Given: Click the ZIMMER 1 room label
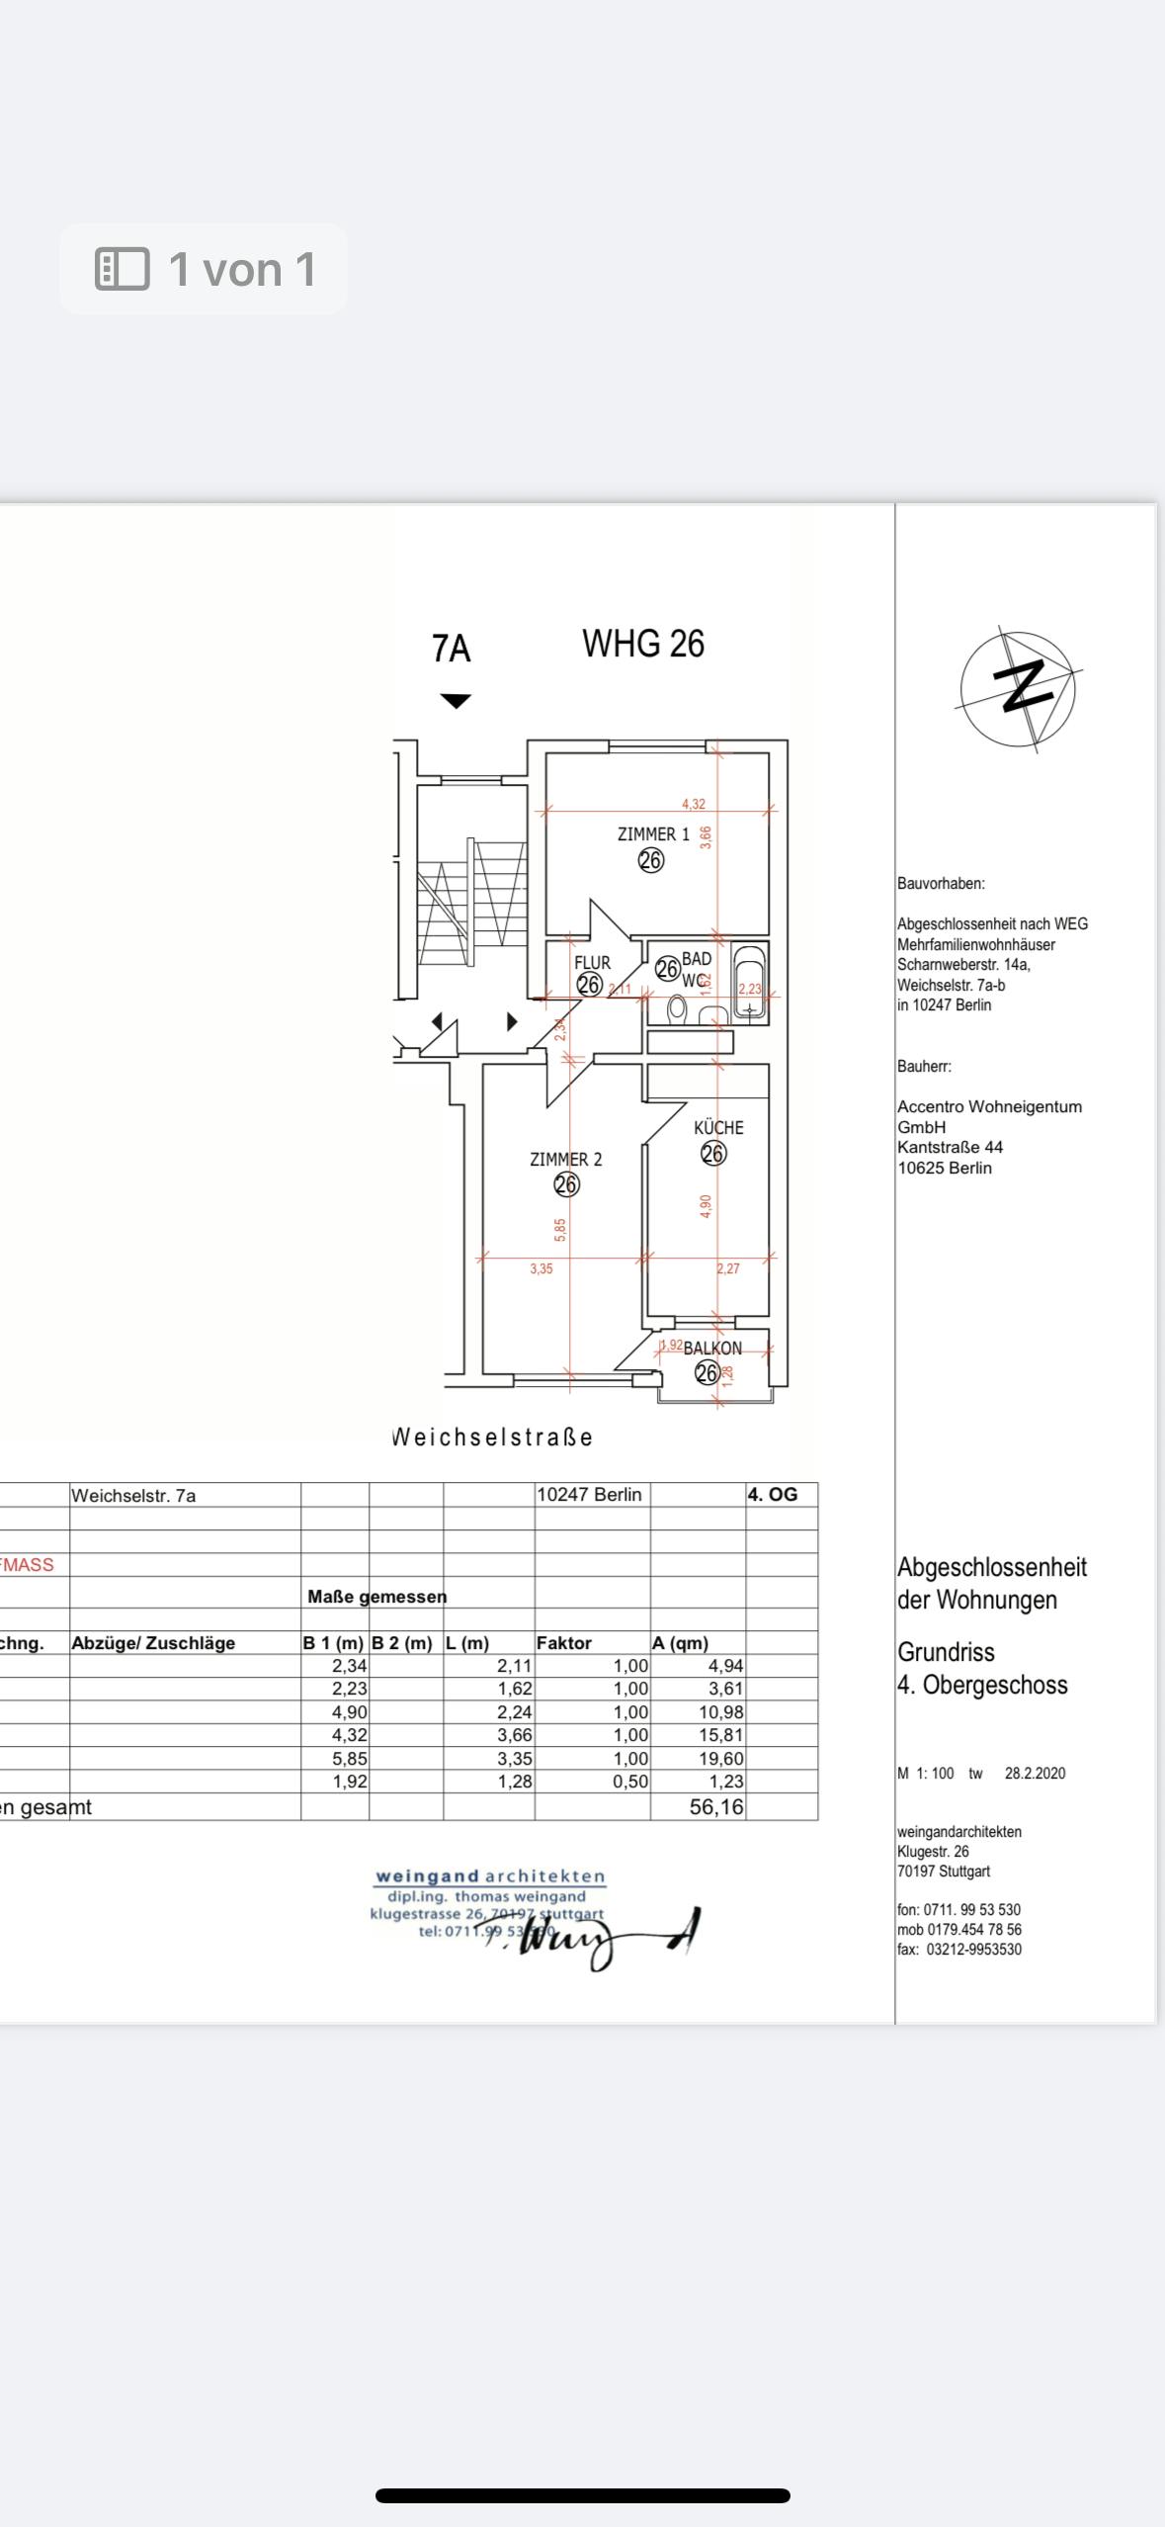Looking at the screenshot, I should pyautogui.click(x=653, y=834).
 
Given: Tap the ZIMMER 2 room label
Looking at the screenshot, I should pyautogui.click(x=565, y=1159).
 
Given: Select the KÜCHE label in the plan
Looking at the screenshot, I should pyautogui.click(x=718, y=1128).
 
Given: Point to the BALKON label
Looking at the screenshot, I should pyautogui.click(x=712, y=1348).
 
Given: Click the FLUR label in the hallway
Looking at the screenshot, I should pyautogui.click(x=592, y=962).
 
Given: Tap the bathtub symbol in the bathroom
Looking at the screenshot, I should pyautogui.click(x=750, y=985).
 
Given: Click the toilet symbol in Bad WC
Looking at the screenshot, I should pyautogui.click(x=677, y=1007).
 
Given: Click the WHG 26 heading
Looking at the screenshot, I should pyautogui.click(x=643, y=645).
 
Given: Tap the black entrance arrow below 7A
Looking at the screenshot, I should pyautogui.click(x=455, y=702).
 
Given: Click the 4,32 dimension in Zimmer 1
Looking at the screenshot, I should pyautogui.click(x=694, y=804).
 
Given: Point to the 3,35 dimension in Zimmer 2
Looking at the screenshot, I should pyautogui.click(x=541, y=1268).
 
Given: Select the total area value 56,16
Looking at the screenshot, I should pyautogui.click(x=716, y=1807).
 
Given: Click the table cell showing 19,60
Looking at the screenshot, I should pyautogui.click(x=720, y=1758).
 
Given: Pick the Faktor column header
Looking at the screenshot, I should pyautogui.click(x=564, y=1643).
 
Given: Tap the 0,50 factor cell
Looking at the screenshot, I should pyautogui.click(x=630, y=1782).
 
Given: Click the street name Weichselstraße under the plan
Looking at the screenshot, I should pyautogui.click(x=492, y=1438).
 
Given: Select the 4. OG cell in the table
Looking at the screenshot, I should pyautogui.click(x=772, y=1494).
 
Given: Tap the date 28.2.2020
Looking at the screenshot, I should pyautogui.click(x=1035, y=1773).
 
